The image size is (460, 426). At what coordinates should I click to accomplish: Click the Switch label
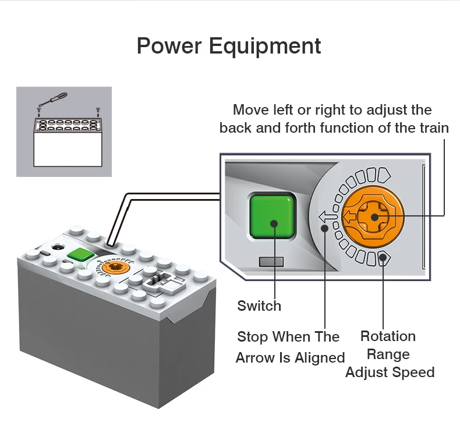[259, 306]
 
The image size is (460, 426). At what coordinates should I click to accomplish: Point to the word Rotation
[388, 336]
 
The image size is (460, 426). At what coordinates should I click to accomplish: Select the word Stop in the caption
[253, 336]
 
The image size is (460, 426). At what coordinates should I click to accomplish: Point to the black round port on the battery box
[57, 248]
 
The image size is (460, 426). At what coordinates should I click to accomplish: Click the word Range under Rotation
[388, 354]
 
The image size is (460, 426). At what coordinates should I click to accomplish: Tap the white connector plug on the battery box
[158, 282]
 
